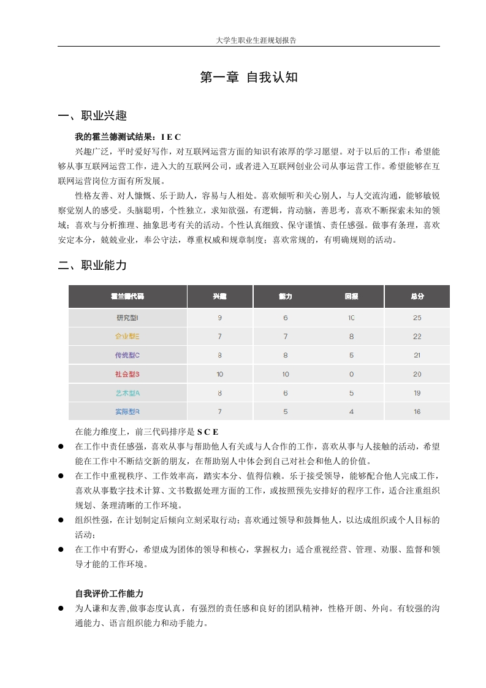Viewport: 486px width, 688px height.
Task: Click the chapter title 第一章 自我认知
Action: click(249, 78)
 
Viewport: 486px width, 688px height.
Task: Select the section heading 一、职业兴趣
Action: click(92, 116)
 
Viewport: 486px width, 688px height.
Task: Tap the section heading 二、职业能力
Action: click(92, 266)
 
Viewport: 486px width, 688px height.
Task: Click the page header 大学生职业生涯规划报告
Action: click(248, 40)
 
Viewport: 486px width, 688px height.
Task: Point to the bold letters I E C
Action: click(171, 136)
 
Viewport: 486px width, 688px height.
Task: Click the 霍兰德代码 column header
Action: click(127, 296)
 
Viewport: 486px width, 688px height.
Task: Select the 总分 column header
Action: click(417, 296)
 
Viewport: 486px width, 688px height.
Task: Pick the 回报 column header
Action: click(351, 296)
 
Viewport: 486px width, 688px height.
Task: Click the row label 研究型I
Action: click(127, 318)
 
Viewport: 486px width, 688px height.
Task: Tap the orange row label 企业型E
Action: click(127, 337)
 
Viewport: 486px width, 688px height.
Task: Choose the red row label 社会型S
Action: click(127, 374)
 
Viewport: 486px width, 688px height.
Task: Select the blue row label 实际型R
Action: click(127, 411)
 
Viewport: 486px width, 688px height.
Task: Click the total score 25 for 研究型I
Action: click(417, 318)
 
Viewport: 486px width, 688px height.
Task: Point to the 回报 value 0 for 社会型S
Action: click(351, 374)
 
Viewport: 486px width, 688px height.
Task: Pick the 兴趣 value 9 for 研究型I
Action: click(219, 318)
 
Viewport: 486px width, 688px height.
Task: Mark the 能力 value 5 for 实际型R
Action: click(286, 411)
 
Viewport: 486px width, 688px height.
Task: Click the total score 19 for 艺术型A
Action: click(417, 393)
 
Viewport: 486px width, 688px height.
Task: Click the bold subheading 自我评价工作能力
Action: click(109, 594)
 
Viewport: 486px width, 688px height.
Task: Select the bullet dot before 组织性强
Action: click(61, 520)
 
